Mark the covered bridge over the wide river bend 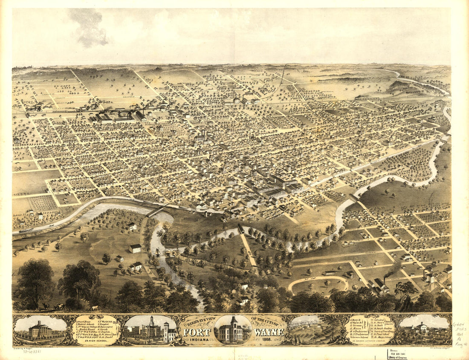coord(156,211)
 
